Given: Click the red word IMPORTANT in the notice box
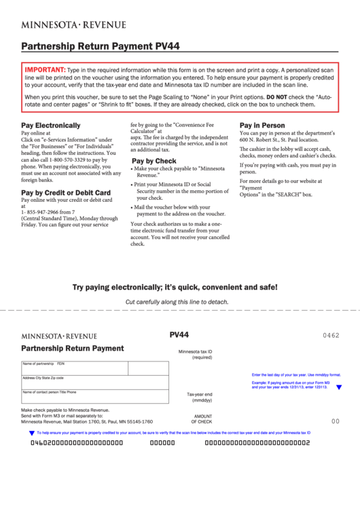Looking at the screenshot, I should pos(45,70).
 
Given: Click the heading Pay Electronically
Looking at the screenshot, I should pos(51,126).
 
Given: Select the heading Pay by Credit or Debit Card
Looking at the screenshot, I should pos(66,193).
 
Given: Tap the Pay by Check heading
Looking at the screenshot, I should pos(154,161).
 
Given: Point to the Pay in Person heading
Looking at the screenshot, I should pos(262,126).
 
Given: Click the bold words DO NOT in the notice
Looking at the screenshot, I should pos(277,97).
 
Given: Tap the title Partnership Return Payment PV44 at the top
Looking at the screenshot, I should pos(101,46).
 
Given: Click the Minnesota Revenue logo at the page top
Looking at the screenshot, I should pos(73,24).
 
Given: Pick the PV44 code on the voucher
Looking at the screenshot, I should pos(179,334).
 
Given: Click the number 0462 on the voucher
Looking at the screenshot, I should pos(331,336).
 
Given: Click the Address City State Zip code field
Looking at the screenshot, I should pos(95,382).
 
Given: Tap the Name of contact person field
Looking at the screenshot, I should pos(95,396).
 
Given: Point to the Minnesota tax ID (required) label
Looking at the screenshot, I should pos(195,354).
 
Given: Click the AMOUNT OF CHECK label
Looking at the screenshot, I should pos(202,419).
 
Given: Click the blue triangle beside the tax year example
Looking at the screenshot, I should pos(339,387).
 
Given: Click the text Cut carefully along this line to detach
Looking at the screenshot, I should pos(177,302).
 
